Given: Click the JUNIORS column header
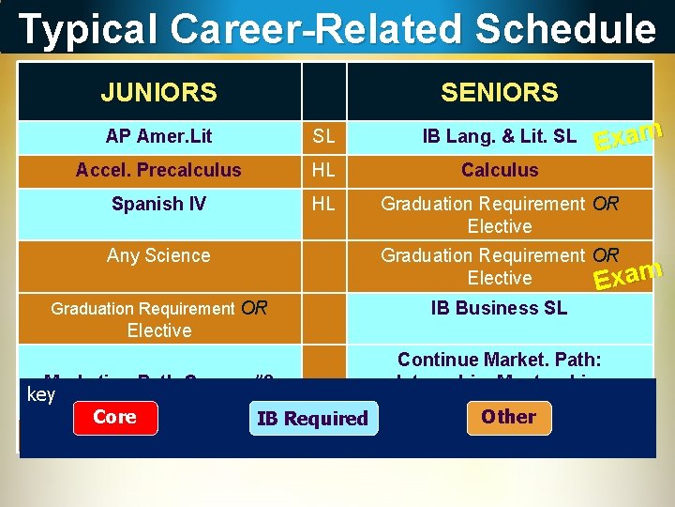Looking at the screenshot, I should tap(159, 92).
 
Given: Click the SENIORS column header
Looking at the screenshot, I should tap(499, 92).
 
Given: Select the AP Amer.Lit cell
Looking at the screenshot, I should tap(159, 136).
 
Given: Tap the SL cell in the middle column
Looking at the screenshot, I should tap(323, 137).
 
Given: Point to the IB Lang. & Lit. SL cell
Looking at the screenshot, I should tap(499, 137).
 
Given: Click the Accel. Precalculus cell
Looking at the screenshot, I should tap(159, 170).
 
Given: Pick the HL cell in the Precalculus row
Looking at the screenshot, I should tap(323, 171).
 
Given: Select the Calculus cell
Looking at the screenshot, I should tap(499, 170).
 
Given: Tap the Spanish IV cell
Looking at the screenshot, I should tap(159, 204).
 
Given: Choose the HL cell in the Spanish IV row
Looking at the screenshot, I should tap(323, 205).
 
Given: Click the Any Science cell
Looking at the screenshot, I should tap(159, 255).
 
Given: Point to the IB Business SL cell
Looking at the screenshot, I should tap(499, 308).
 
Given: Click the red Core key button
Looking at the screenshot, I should tap(114, 418).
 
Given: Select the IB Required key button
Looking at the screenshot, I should tap(313, 419).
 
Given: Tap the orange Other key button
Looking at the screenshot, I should tap(508, 418).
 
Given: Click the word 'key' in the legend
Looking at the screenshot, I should tap(41, 395).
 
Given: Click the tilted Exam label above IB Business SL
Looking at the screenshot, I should tap(629, 273).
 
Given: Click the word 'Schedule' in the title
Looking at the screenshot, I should tap(565, 29).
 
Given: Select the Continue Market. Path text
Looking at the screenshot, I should tap(499, 360).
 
